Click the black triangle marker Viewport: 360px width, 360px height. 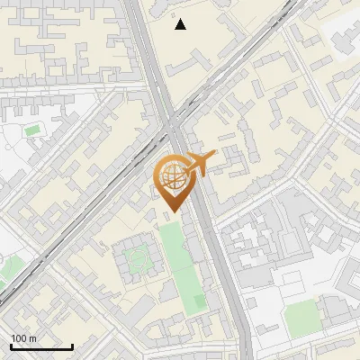point(181,24)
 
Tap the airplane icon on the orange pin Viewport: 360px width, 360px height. point(202,163)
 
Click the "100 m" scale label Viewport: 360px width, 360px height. point(23,338)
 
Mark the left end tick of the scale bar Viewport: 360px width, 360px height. point(11,346)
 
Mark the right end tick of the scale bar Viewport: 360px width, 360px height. point(72,346)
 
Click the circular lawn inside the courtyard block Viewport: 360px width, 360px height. point(138,258)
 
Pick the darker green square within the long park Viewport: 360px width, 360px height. point(199,302)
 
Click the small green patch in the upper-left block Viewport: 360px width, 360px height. point(32,131)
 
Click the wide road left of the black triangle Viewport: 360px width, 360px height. point(144,36)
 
